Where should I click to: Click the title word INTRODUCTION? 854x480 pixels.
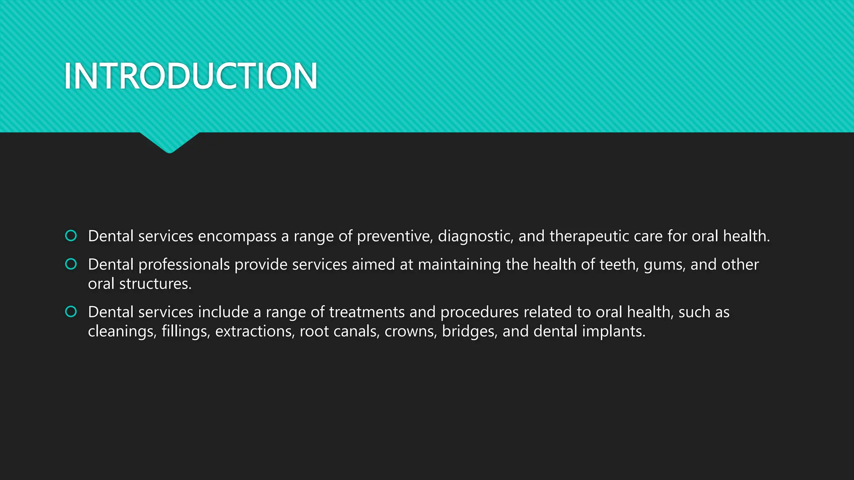(x=191, y=76)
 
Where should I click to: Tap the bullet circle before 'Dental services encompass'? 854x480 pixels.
(x=71, y=236)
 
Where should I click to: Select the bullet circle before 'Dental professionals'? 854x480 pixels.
(x=71, y=264)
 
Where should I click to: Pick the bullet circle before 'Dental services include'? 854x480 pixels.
(x=71, y=312)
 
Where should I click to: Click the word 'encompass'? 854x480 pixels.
(x=237, y=237)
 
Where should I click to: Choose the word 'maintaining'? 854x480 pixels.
(x=459, y=265)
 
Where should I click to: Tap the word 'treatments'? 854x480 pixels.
(x=367, y=312)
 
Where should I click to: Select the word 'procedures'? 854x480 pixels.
(x=480, y=312)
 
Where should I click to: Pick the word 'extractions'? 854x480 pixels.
(x=255, y=332)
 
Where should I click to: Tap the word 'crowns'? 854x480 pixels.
(x=410, y=332)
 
